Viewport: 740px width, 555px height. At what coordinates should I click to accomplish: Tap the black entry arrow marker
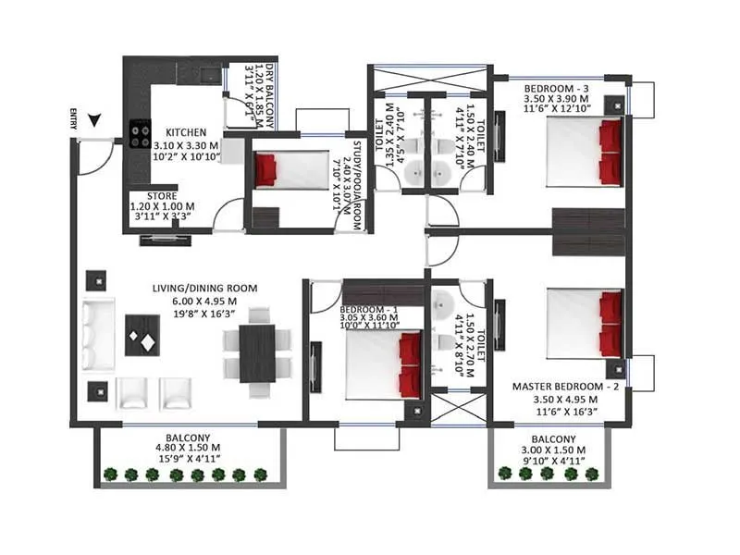[x=95, y=119]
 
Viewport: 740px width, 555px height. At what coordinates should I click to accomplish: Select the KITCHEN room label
[x=186, y=132]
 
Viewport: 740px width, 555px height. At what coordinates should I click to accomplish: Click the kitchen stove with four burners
[x=141, y=135]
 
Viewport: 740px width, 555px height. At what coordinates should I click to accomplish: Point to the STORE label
[x=151, y=194]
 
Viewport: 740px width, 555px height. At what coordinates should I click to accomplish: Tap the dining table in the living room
[x=257, y=352]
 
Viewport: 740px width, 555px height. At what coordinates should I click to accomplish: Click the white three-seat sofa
[x=97, y=336]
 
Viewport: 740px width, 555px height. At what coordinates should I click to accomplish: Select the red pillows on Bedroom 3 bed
[x=610, y=153]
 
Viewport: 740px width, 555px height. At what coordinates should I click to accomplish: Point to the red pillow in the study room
[x=266, y=168]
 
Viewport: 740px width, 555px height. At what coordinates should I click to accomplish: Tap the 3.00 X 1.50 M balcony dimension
[x=553, y=450]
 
